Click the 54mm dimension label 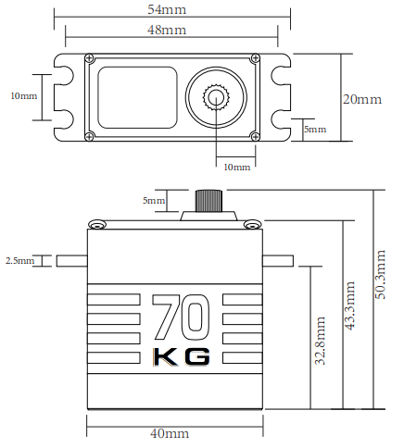167,9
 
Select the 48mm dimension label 167,30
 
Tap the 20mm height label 362,99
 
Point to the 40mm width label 170,433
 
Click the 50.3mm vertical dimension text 381,274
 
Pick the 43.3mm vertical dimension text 349,305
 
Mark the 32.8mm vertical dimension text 320,341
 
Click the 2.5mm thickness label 19,261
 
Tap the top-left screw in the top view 90,57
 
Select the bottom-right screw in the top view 255,136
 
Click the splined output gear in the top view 216,97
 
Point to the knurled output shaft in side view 208,201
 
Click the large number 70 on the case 181,317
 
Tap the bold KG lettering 182,357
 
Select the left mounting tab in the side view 71,261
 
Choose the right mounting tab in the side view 278,261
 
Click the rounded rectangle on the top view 138,97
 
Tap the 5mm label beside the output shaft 154,201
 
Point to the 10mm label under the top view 237,168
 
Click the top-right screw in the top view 256,57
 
